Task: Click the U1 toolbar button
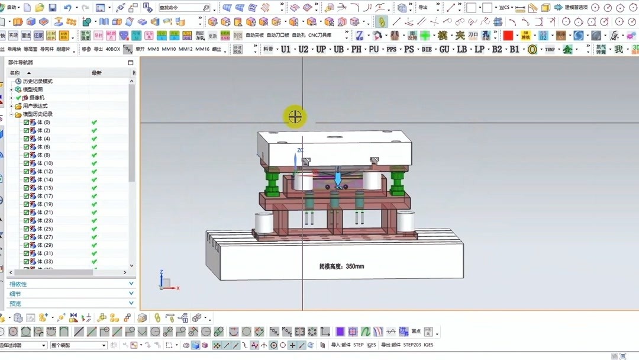(286, 50)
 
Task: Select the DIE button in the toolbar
(427, 50)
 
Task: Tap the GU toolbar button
(444, 50)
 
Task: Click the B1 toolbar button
(514, 50)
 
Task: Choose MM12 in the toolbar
(186, 50)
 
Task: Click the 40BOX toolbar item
(112, 50)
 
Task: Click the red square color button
(508, 36)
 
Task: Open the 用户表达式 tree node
(35, 106)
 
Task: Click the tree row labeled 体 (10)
(44, 163)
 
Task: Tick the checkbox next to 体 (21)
(26, 213)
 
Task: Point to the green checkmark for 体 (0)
(94, 123)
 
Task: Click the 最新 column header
(96, 73)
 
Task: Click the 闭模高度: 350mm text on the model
(341, 266)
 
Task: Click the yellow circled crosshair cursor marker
(295, 117)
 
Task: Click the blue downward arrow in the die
(338, 177)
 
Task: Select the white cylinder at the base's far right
(406, 221)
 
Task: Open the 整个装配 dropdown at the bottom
(78, 345)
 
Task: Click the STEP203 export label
(411, 345)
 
